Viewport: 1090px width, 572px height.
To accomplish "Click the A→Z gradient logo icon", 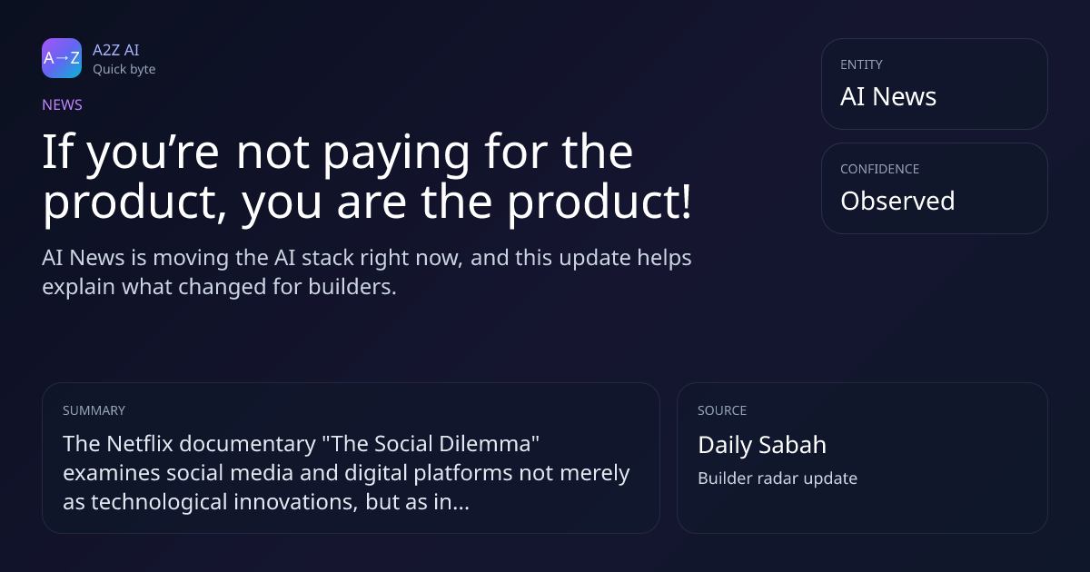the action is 62,58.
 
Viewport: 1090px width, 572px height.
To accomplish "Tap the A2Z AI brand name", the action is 116,50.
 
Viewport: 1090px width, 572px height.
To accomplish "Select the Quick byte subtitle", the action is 124,70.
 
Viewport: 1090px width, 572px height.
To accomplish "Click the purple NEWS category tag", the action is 63,104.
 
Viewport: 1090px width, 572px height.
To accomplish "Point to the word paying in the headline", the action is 396,154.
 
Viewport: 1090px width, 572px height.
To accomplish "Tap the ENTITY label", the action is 861,64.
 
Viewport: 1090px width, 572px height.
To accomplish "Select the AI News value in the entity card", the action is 888,96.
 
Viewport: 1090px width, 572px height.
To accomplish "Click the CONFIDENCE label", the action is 880,169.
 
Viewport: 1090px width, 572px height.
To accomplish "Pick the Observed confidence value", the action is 897,201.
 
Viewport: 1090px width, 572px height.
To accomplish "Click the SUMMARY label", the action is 94,410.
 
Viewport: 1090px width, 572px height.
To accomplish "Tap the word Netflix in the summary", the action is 140,444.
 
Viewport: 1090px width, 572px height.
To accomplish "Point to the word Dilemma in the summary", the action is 489,444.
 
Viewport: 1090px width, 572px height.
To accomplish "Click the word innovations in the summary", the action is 296,502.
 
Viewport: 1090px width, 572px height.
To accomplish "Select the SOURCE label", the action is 722,410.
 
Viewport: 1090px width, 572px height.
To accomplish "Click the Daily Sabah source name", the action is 762,445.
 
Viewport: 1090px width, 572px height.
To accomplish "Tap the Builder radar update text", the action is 778,478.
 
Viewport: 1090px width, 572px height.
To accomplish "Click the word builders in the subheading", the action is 352,287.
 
